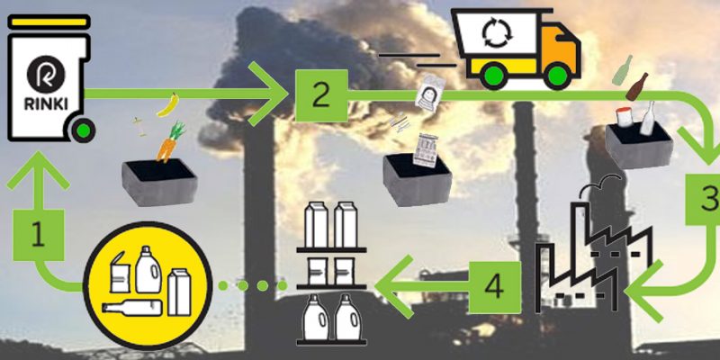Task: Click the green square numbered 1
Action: tap(38, 235)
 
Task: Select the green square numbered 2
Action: tap(321, 95)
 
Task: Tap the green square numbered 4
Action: tap(495, 287)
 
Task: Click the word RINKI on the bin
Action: tap(46, 104)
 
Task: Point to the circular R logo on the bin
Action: tap(46, 75)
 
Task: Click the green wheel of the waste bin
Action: tap(83, 130)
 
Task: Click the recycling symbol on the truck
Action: tap(497, 34)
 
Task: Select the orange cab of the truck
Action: tap(558, 49)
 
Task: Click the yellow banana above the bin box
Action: tap(167, 104)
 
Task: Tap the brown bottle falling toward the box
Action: tap(637, 86)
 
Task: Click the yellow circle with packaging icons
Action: tap(148, 285)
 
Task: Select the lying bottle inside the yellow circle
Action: tap(132, 308)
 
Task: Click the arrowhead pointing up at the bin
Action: tap(39, 172)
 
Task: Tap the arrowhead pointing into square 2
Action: tap(268, 94)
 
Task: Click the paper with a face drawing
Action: tap(430, 93)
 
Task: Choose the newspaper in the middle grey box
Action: tap(425, 150)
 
